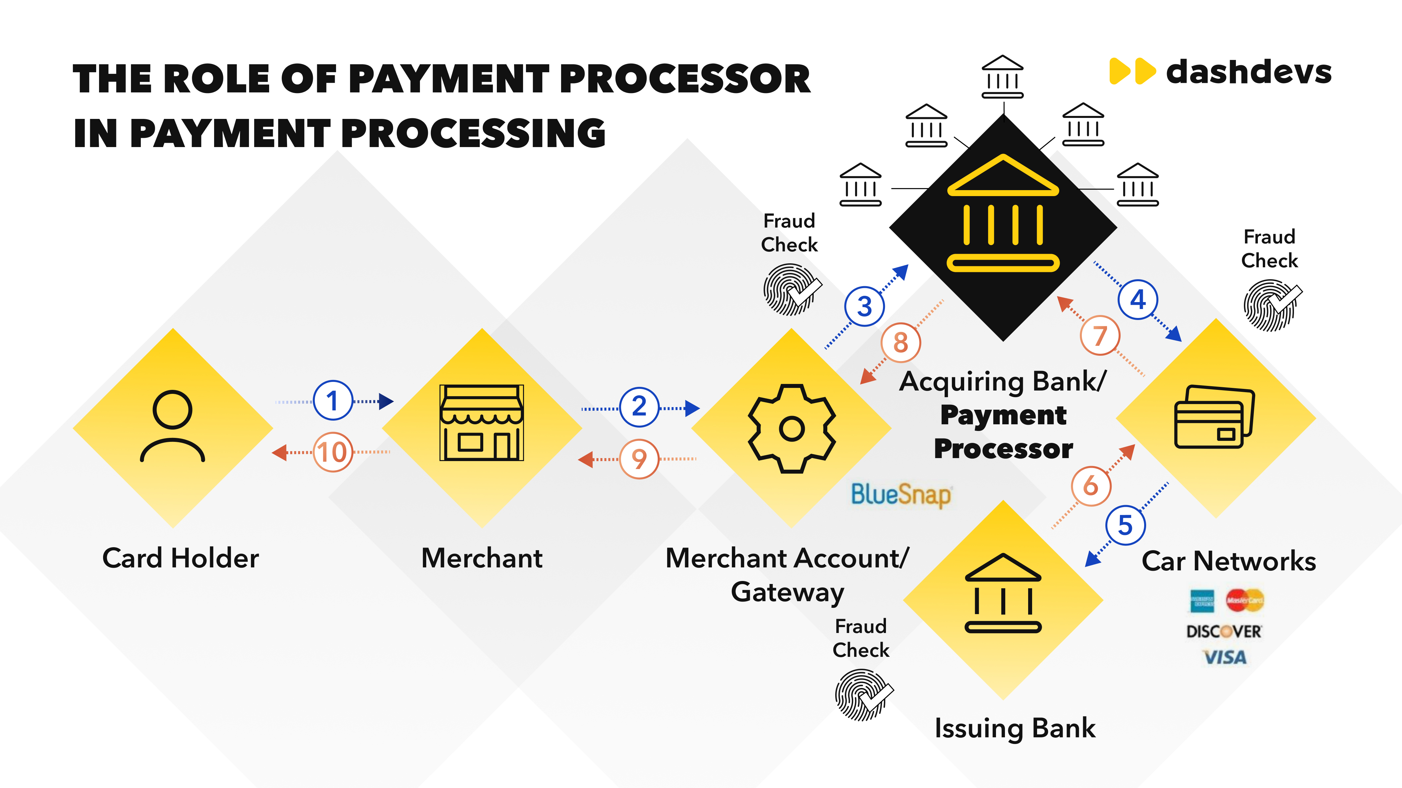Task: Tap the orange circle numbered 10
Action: (332, 452)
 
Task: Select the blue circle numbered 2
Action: (639, 407)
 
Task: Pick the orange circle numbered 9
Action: (639, 459)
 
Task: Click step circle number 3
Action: (864, 306)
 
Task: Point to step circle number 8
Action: (901, 342)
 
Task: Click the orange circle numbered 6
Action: (1091, 486)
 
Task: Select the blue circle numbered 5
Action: (1126, 525)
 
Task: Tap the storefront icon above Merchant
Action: (482, 423)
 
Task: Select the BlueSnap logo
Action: (901, 495)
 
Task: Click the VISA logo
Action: (1225, 657)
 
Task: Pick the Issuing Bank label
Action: (1015, 728)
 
